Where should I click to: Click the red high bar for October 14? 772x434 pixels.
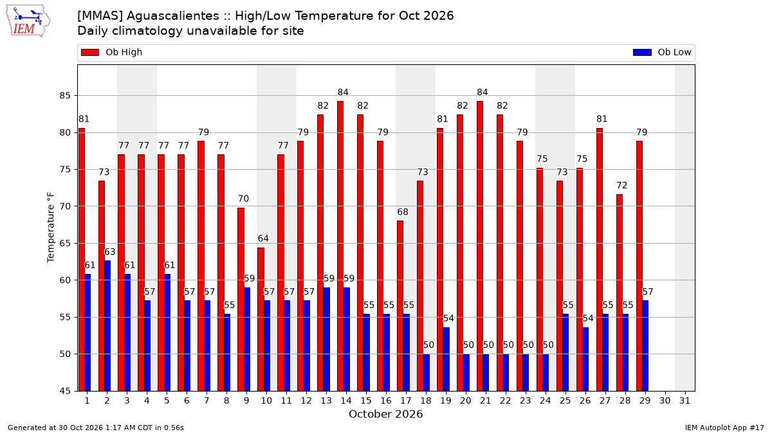tap(340, 246)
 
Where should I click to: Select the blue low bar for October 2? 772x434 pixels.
tap(107, 326)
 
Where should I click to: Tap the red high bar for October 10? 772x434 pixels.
tap(261, 320)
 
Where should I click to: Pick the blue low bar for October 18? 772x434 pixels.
tap(427, 372)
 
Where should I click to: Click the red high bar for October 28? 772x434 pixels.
tap(620, 293)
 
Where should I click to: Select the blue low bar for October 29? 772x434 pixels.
tap(645, 346)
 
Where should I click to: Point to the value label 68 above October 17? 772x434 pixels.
tap(403, 212)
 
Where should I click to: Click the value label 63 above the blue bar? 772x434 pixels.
tap(110, 252)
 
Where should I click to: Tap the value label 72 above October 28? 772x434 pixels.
tap(621, 185)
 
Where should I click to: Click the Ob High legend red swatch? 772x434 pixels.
tap(90, 52)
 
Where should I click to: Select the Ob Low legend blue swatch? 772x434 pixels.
tap(642, 52)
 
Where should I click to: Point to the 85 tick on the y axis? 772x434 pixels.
tap(65, 95)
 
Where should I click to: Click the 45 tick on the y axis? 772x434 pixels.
tap(65, 391)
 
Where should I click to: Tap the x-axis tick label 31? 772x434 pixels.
tap(685, 401)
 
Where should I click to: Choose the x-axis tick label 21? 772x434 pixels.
tap(485, 401)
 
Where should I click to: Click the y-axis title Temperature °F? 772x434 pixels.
tap(51, 228)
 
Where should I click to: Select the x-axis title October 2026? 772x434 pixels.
tap(385, 414)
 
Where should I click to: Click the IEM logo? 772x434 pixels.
tap(28, 21)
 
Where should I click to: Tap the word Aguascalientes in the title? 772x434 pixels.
tap(173, 16)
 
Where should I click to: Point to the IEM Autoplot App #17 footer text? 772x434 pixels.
tap(724, 428)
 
